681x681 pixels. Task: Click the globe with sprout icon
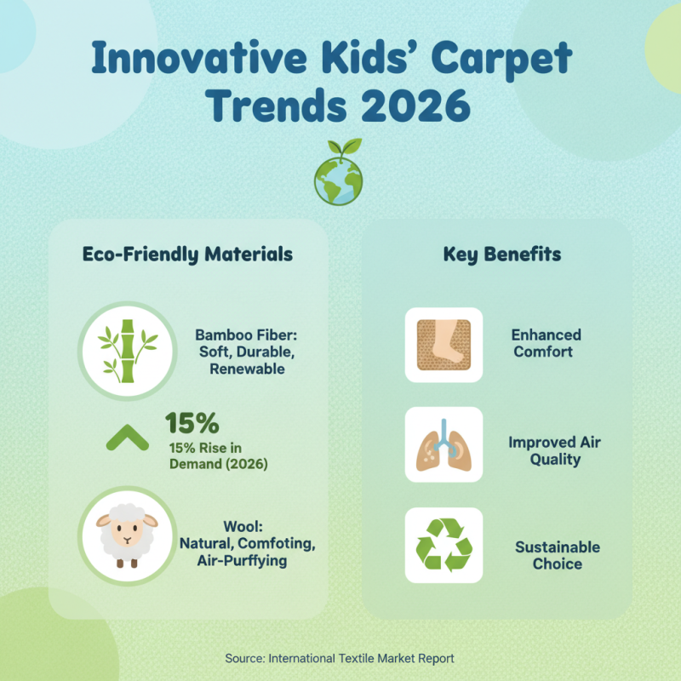coord(338,174)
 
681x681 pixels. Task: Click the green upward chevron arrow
coord(128,438)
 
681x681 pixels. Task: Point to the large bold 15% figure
coord(192,423)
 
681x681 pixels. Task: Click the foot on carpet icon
coord(444,345)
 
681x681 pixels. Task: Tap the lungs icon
coord(444,444)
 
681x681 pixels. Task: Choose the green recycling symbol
coord(444,546)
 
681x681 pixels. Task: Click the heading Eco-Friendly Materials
coord(187,255)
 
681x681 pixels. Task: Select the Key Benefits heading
coord(502,255)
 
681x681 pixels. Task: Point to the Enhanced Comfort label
coord(547,343)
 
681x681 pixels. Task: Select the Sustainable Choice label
coord(558,555)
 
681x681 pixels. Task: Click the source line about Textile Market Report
coord(340,658)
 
